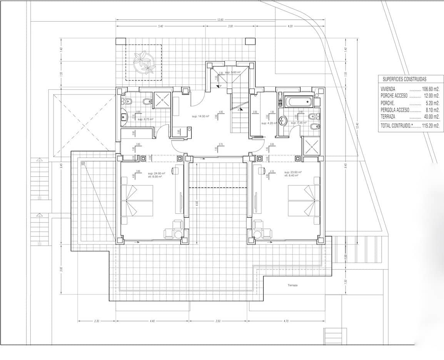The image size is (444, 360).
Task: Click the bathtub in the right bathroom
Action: coord(299,102)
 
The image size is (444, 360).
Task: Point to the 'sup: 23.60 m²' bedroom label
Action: coord(293,172)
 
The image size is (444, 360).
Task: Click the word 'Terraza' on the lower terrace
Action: coord(292,285)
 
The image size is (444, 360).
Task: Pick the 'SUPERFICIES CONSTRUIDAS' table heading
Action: coord(404,79)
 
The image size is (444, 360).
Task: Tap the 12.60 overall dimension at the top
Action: coord(220,20)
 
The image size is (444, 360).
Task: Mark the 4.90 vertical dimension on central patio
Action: coord(197,203)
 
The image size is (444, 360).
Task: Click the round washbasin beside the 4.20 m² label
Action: coord(284,121)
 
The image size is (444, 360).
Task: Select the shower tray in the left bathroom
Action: coord(163,100)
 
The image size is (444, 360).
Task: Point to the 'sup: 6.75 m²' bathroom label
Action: coord(145,119)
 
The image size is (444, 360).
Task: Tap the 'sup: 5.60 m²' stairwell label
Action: coord(233,72)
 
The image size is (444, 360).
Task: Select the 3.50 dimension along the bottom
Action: coord(218,321)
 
